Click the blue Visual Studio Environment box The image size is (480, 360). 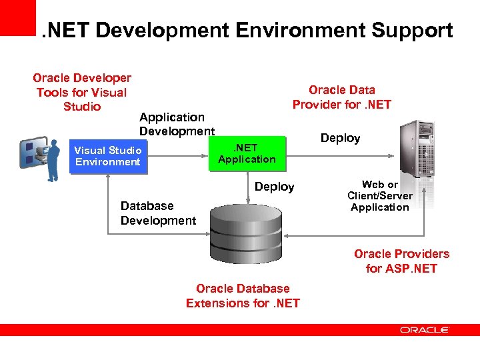(x=107, y=157)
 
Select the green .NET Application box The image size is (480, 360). (x=247, y=153)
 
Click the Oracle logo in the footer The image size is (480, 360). (x=425, y=329)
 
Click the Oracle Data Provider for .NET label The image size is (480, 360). (x=341, y=97)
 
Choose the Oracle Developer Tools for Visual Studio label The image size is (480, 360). (x=81, y=92)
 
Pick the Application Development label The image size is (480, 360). (x=176, y=124)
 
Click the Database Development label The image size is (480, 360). (x=158, y=213)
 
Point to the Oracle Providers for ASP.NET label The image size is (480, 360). (x=401, y=261)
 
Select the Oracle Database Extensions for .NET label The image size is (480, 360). (x=243, y=295)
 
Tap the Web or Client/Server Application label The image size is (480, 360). (x=379, y=196)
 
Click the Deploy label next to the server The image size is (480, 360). (x=340, y=138)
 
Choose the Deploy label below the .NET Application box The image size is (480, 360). (x=274, y=187)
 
